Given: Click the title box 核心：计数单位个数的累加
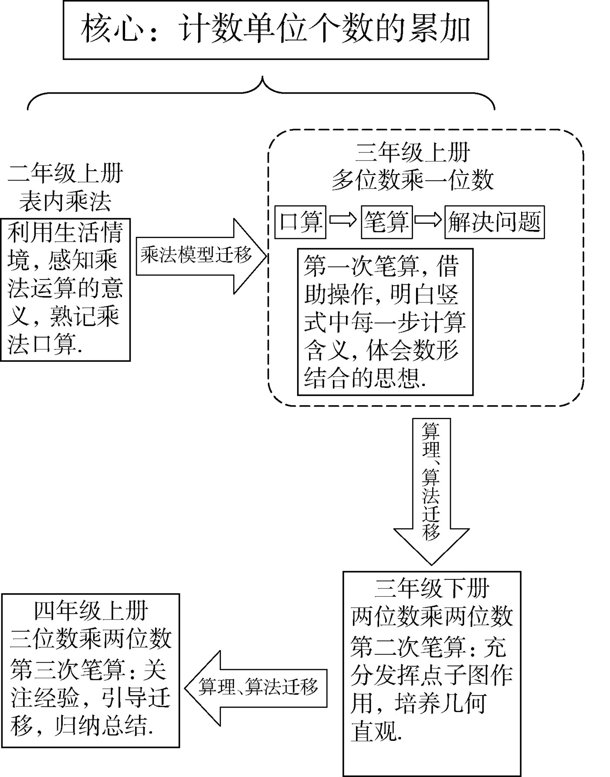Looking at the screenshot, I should coord(275,30).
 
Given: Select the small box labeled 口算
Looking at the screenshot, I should coord(300,222).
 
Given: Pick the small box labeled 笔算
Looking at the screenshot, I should coord(386,222).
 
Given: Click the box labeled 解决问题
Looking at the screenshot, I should coord(494,222).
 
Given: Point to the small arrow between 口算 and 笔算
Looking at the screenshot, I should coord(343,220).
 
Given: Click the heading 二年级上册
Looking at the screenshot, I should coord(65,174).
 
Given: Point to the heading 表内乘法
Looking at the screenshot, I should coord(65,201).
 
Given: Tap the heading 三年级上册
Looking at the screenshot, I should coord(413,153).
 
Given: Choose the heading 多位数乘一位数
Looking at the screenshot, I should coord(413,180).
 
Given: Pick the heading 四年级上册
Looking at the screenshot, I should coord(91,611).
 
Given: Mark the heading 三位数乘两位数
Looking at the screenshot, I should coord(91,638).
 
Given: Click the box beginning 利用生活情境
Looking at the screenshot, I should coord(65,290).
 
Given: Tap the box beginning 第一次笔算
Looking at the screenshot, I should coord(385,322).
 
